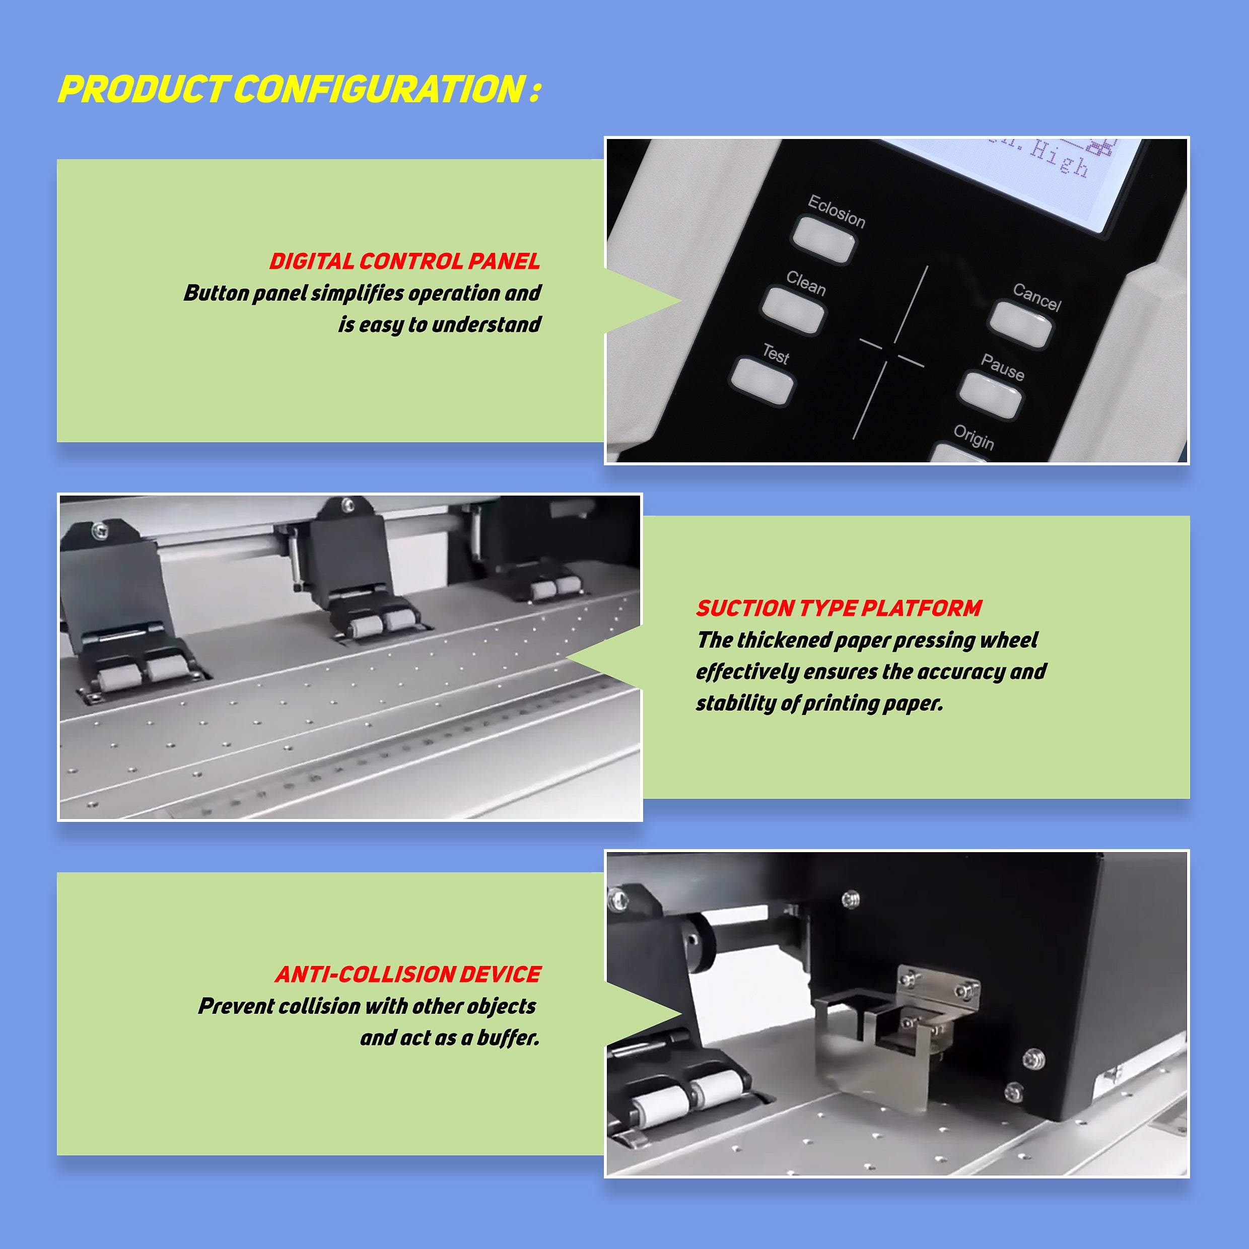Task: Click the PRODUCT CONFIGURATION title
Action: (299, 89)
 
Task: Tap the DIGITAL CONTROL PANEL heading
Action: (405, 261)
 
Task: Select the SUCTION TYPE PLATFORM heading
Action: (839, 608)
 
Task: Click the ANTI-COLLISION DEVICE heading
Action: (408, 974)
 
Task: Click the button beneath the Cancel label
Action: (1021, 324)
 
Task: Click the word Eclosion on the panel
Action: (837, 211)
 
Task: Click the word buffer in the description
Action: (508, 1037)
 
